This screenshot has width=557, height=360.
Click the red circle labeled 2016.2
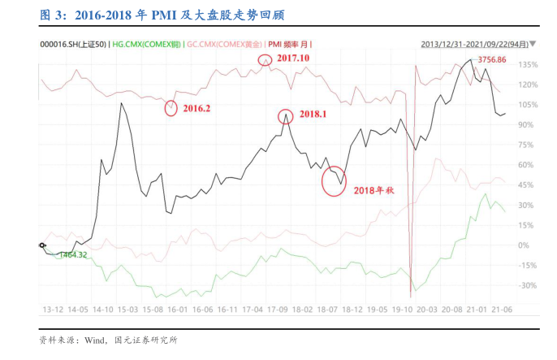point(171,108)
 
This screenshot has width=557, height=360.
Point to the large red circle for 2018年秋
point(335,180)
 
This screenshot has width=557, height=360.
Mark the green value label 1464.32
point(71,254)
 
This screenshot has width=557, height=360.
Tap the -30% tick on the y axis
point(527,285)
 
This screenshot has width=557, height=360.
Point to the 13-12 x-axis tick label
point(52,310)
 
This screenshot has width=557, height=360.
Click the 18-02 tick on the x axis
point(303,310)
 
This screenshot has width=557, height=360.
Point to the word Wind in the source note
point(94,340)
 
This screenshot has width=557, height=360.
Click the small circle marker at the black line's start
point(42,245)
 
